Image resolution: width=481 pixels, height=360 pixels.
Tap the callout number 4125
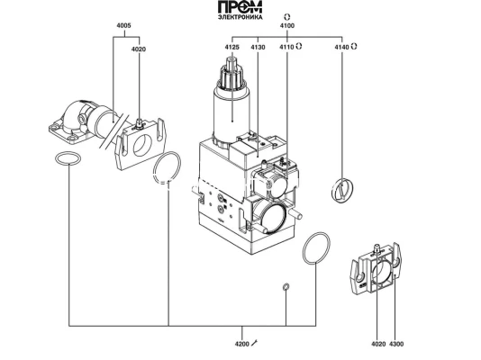point(231,46)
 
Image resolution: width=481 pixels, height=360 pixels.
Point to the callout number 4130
point(258,46)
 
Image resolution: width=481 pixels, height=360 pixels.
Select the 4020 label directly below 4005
point(138,49)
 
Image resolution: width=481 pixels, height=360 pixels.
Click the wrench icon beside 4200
point(255,342)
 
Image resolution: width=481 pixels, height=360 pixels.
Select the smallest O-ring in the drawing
point(286,286)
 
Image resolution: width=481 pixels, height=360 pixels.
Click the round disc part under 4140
point(343,190)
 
